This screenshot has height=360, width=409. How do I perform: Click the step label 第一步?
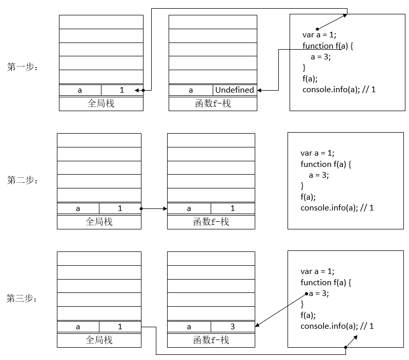22,67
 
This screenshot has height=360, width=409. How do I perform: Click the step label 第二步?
22,180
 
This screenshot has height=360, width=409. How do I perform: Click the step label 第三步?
22,299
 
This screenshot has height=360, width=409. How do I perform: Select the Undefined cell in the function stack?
234,90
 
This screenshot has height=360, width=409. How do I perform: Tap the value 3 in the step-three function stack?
232,327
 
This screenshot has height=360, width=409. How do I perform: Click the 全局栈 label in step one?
101,103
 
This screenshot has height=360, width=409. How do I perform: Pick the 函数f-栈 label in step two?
211,222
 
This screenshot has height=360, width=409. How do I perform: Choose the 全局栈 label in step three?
99,340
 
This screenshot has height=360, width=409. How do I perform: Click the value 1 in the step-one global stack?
122,90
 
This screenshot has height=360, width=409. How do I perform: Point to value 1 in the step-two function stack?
232,208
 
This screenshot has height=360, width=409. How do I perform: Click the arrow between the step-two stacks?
154,208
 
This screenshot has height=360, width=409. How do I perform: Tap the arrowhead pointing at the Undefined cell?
260,90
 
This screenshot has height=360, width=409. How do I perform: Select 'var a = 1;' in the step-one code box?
320,35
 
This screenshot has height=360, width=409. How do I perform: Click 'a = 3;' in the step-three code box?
319,293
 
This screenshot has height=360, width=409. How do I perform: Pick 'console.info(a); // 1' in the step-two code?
337,208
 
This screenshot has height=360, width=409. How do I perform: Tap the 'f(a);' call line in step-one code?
310,78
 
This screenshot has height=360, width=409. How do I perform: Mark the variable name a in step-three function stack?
189,327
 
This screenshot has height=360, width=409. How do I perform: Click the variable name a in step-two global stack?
78,208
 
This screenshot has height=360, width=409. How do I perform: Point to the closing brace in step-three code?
302,305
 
